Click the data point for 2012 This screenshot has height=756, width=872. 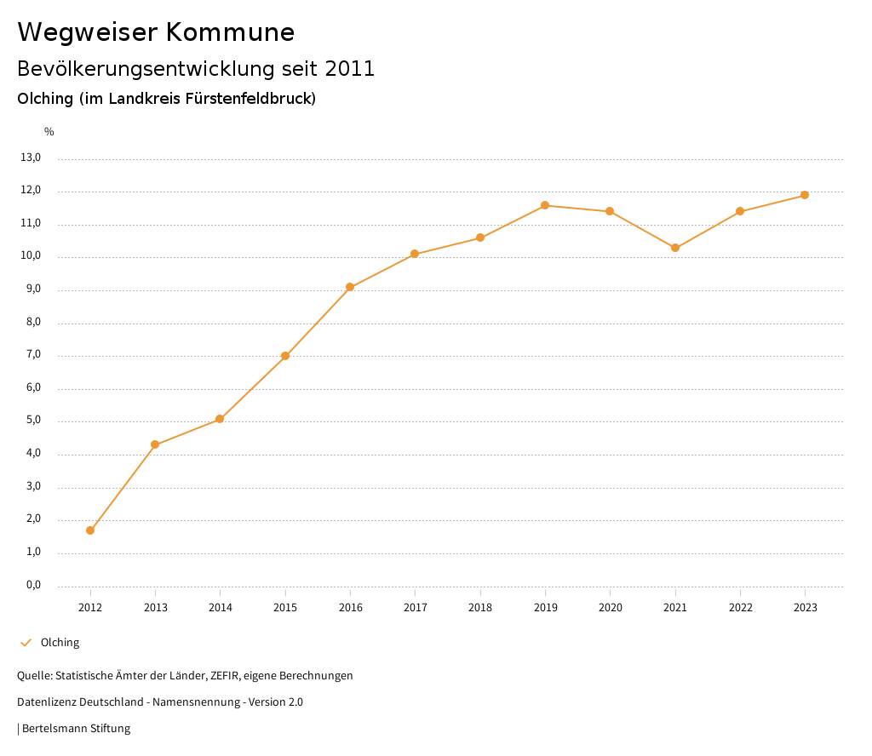pyautogui.click(x=90, y=530)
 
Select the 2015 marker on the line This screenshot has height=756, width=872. pyautogui.click(x=285, y=356)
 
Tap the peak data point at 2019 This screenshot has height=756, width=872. pyautogui.click(x=545, y=205)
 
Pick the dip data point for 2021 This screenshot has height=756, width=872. pyautogui.click(x=675, y=248)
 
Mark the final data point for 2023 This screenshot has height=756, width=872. pyautogui.click(x=805, y=195)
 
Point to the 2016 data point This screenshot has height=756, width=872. pyautogui.click(x=350, y=287)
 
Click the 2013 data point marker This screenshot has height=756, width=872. pyautogui.click(x=155, y=444)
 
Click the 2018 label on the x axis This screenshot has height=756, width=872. pyautogui.click(x=480, y=607)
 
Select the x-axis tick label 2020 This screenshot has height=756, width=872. pyautogui.click(x=611, y=607)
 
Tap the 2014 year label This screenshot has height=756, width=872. pyautogui.click(x=220, y=607)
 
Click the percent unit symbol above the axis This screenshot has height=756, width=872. pyautogui.click(x=49, y=131)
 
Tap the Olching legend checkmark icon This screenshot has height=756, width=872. pyautogui.click(x=26, y=643)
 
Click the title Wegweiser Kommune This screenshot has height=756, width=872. pyautogui.click(x=156, y=32)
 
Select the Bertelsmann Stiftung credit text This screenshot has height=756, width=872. pyautogui.click(x=76, y=729)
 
